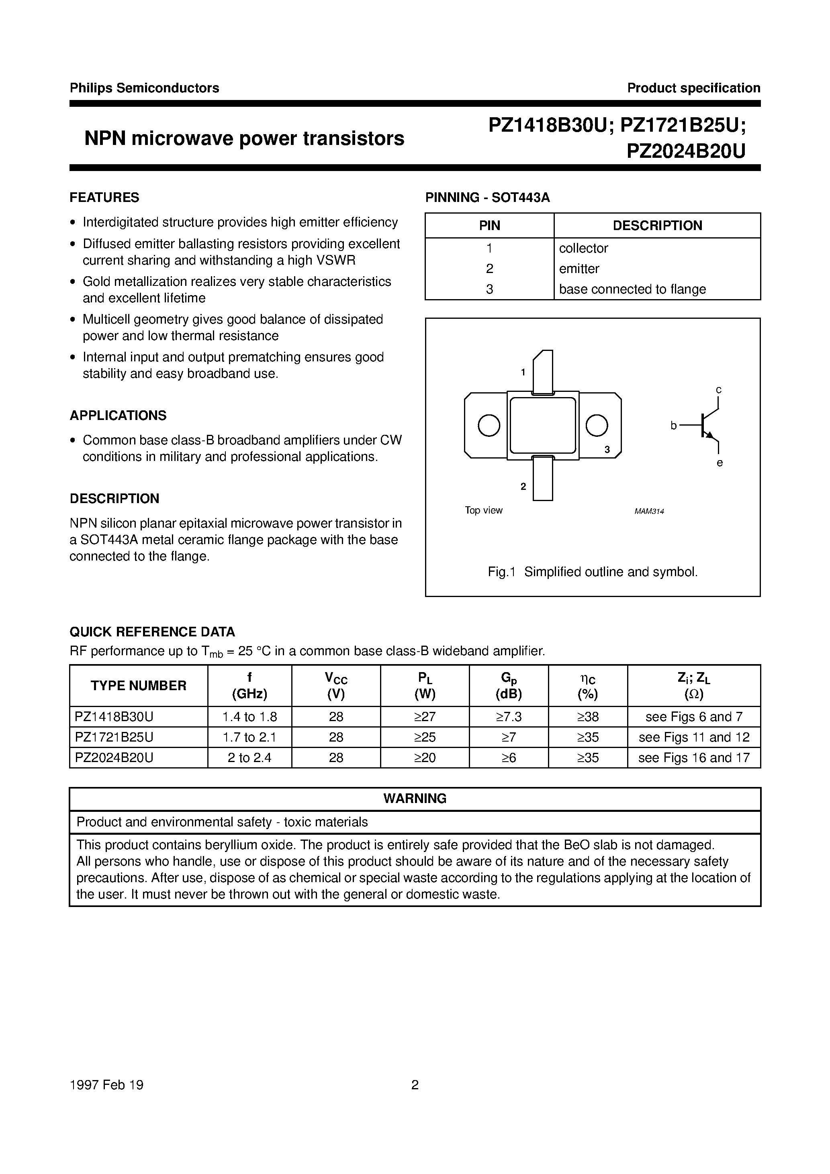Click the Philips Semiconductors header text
(x=144, y=88)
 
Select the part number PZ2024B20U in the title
(x=686, y=151)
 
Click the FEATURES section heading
(x=104, y=198)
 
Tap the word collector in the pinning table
(x=583, y=248)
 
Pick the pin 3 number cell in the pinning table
(x=489, y=289)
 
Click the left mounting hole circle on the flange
(x=489, y=426)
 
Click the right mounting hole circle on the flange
(x=597, y=426)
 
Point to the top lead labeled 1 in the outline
(x=543, y=372)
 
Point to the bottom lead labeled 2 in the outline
(x=543, y=479)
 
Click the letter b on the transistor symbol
(x=673, y=426)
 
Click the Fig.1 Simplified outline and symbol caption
(x=593, y=572)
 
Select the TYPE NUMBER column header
(x=139, y=686)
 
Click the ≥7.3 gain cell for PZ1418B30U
(x=509, y=717)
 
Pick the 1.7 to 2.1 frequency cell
(x=250, y=737)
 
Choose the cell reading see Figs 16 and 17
(x=694, y=758)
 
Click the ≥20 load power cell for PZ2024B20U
(x=425, y=758)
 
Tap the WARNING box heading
(x=415, y=798)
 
